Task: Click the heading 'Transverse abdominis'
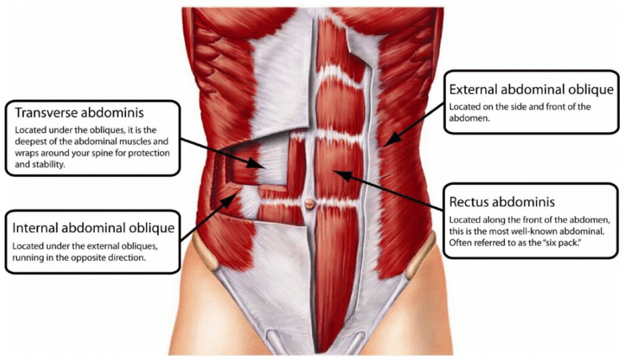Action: [x=79, y=113]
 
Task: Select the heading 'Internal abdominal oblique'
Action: [x=93, y=228]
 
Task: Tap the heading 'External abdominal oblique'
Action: [x=532, y=90]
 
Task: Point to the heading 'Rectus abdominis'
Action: [x=502, y=202]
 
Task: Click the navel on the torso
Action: [x=310, y=203]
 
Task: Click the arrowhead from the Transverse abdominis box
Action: [x=256, y=163]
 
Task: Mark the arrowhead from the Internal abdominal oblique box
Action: [x=227, y=201]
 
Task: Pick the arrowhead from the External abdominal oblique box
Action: [x=393, y=139]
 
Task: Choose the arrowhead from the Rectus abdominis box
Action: [x=342, y=175]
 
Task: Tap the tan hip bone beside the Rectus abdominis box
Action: [x=422, y=256]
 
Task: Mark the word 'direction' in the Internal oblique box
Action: [x=127, y=258]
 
